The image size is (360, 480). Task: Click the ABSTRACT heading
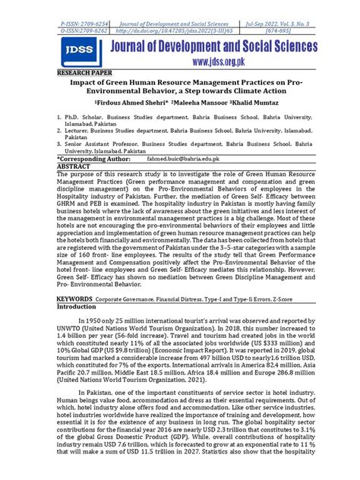click(x=74, y=166)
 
